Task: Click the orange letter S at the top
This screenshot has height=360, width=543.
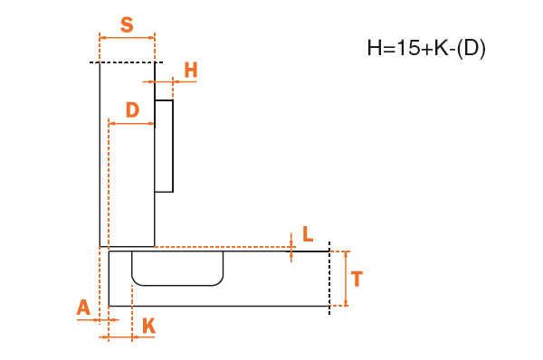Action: pyautogui.click(x=127, y=25)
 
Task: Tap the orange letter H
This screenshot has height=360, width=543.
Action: pyautogui.click(x=191, y=70)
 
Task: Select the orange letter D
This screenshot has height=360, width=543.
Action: pyautogui.click(x=133, y=110)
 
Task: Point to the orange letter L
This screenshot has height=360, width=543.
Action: pyautogui.click(x=308, y=234)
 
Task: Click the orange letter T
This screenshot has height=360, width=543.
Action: pyautogui.click(x=357, y=279)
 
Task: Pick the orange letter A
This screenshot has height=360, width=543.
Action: pyautogui.click(x=83, y=308)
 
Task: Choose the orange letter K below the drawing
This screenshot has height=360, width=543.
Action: pyautogui.click(x=149, y=326)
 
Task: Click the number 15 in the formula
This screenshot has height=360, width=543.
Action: pyautogui.click(x=408, y=48)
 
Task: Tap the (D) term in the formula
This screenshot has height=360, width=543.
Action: pyautogui.click(x=472, y=48)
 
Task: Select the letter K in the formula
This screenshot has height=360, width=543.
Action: pyautogui.click(x=442, y=48)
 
